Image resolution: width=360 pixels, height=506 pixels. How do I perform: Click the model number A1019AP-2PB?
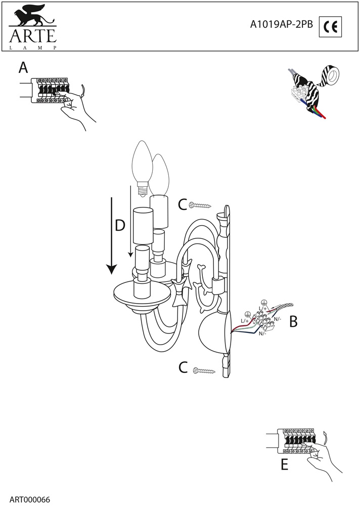coord(282,25)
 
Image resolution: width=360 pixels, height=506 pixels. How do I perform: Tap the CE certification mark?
coord(330,26)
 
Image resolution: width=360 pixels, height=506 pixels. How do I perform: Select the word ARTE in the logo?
coord(33,35)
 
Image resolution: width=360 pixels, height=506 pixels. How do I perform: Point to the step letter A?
coord(23,68)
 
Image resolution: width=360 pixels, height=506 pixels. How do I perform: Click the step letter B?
coord(293,321)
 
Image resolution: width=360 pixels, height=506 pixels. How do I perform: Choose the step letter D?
coord(120,225)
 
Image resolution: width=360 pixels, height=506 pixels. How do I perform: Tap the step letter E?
coord(284,465)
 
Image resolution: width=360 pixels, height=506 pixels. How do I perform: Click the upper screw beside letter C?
coord(200,205)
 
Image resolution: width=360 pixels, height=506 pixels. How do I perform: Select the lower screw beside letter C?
coord(204,371)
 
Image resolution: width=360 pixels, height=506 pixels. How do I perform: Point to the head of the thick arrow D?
coord(112,269)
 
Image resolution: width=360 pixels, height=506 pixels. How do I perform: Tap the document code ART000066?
coord(30,500)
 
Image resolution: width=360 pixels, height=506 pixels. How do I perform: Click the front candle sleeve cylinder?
coord(143,226)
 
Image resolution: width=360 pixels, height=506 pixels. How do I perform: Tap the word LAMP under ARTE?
coord(33,48)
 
